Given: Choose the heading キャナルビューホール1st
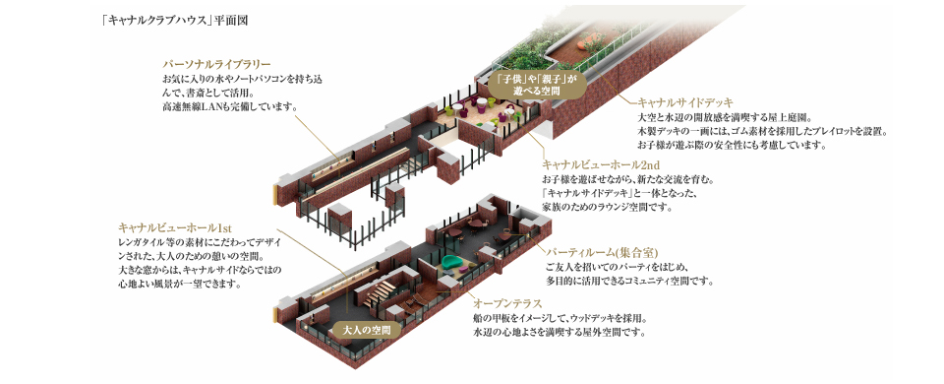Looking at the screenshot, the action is [174, 227].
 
